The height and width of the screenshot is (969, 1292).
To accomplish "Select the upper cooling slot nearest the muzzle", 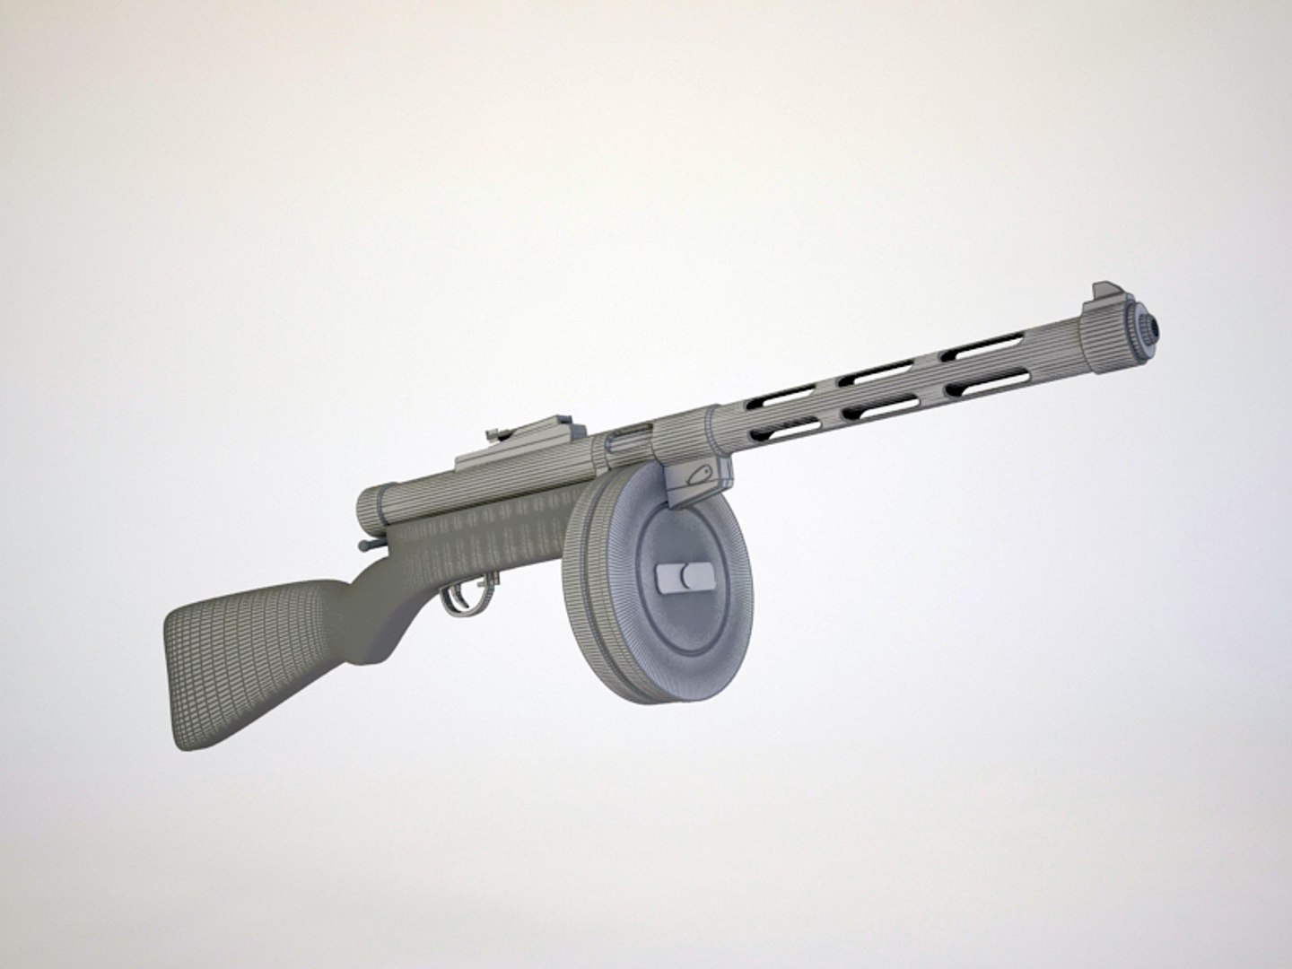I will (x=982, y=346).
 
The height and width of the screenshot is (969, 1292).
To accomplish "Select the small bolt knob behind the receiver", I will (x=363, y=545).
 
